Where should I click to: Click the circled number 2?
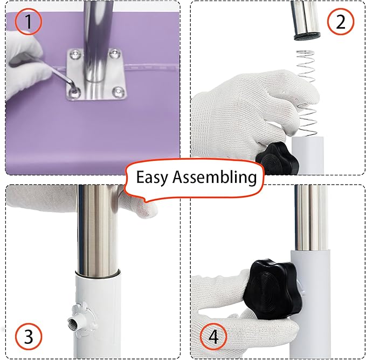coord(340,22)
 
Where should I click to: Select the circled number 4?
coord(214,337)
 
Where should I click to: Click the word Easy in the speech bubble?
coord(153,177)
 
